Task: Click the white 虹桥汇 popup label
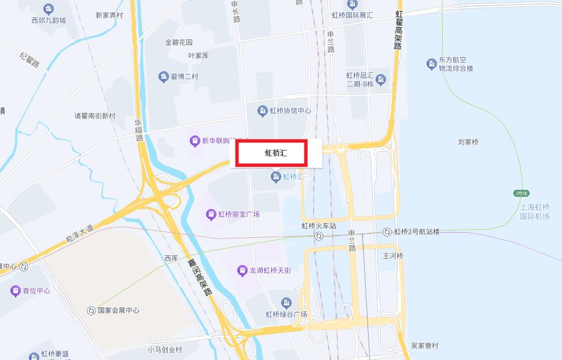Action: pos(276,153)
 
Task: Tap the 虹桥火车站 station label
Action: pos(318,226)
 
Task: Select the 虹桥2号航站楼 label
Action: pos(417,232)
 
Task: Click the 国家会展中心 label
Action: pos(118,310)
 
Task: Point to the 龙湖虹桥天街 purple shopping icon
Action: pos(243,270)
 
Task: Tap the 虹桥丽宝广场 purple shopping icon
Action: pos(211,215)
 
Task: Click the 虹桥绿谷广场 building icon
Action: pos(286,303)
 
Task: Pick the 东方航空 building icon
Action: pos(431,63)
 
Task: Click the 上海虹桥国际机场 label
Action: pos(534,211)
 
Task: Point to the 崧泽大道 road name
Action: pos(79,233)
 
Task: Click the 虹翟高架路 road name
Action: pos(398,29)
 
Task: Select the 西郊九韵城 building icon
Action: pos(49,9)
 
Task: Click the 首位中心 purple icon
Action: pos(16,291)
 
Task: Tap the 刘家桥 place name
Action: pos(468,142)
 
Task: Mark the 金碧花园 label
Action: pos(179,42)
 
